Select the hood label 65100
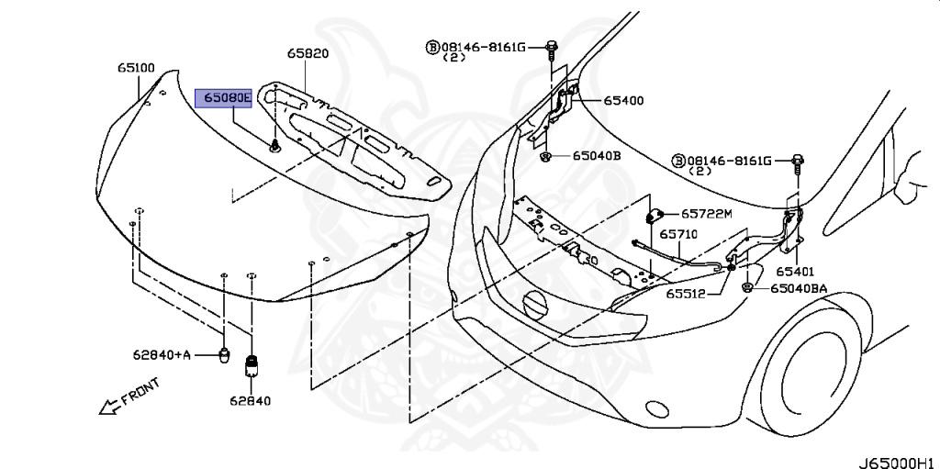pos(136,68)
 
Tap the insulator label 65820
pos(308,53)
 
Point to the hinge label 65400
pos(623,101)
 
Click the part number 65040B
pos(597,156)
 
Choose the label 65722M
pos(706,214)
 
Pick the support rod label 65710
pos(678,234)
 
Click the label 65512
pos(685,295)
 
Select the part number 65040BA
pos(799,288)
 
